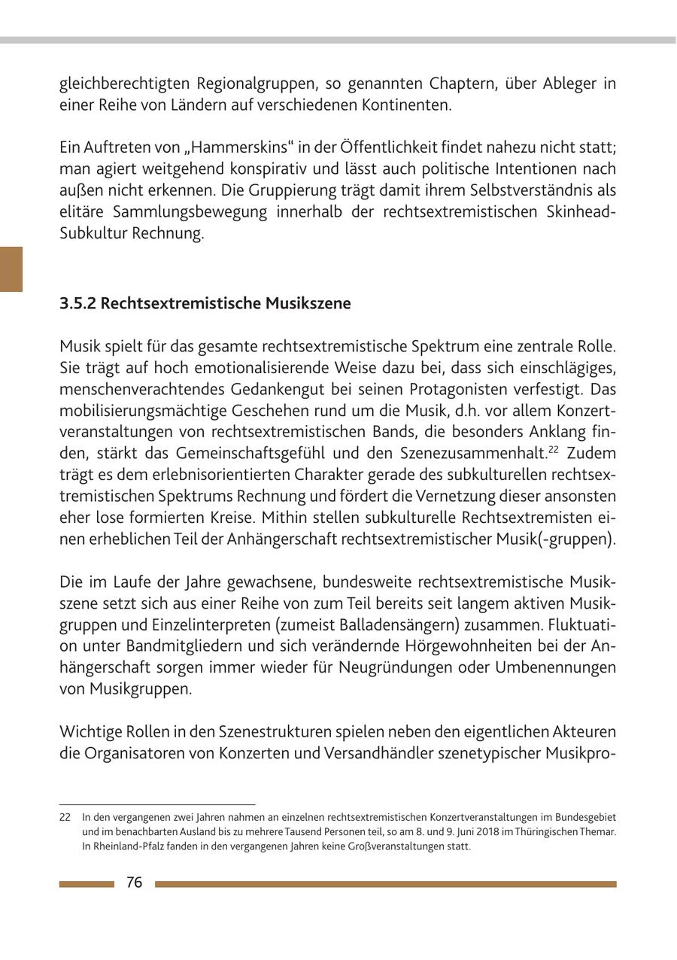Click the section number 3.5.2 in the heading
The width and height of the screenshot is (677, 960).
[x=77, y=303]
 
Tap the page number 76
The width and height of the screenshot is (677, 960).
[x=135, y=883]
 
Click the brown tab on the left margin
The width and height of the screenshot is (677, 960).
[x=11, y=269]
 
